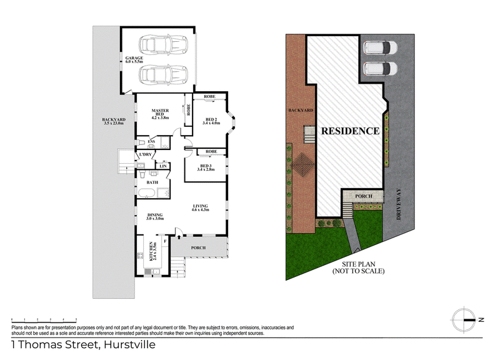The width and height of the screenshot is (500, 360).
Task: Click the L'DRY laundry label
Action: (146, 154)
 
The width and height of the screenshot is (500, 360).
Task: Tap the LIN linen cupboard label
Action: (163, 166)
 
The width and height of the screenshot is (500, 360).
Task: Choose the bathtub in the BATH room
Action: (146, 193)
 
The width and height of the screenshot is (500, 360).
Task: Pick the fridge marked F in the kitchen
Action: (165, 241)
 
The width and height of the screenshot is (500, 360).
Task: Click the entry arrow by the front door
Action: (179, 236)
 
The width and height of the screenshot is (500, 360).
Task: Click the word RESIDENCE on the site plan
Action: (350, 131)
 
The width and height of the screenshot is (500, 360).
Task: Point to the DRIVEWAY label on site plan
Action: (398, 204)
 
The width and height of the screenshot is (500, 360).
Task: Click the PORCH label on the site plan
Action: (364, 196)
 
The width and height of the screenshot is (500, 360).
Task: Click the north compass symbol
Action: (464, 320)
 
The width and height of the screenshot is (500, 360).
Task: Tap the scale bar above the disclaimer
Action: (44, 320)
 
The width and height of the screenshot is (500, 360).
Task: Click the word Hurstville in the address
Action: (130, 345)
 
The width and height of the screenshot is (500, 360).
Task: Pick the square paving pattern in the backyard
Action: (303, 164)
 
